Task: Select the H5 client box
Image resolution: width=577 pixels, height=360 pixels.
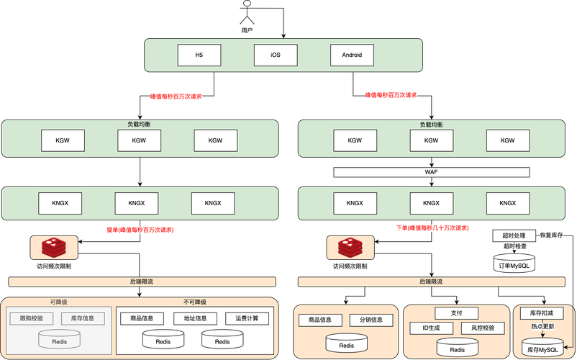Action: coord(199,55)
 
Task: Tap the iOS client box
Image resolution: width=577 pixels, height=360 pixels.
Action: coord(275,55)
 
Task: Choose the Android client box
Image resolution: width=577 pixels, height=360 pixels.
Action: coord(352,55)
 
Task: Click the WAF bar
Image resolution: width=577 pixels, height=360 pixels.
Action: coord(432,173)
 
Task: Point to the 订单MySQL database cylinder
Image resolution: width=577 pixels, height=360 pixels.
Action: coord(514,264)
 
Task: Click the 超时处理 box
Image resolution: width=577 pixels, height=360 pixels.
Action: coord(514,235)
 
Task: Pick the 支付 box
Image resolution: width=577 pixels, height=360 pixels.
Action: coord(456,313)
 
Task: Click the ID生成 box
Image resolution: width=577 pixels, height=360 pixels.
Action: coord(430,328)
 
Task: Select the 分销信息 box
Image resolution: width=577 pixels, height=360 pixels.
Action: coord(371,320)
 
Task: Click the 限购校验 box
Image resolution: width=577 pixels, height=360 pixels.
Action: coord(31,318)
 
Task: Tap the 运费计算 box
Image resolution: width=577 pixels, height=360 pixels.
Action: coord(247,318)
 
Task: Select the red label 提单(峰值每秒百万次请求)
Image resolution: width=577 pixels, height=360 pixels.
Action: coord(140,230)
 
